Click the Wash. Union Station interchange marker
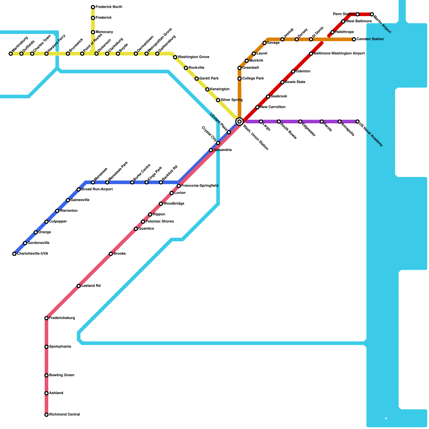click(239, 121)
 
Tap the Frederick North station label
click(109, 7)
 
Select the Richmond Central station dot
click(46, 415)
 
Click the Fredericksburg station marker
click(46, 318)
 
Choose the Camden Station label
click(370, 39)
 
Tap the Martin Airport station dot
click(372, 14)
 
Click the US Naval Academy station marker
click(357, 122)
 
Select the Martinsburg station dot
click(11, 54)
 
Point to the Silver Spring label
click(232, 100)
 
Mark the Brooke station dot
click(111, 254)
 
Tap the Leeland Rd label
click(91, 286)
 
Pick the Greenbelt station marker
click(239, 68)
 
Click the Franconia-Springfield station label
click(200, 186)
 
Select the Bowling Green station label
click(62, 375)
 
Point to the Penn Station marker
click(357, 14)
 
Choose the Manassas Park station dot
click(107, 182)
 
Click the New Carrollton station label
click(273, 107)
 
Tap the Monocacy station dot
click(93, 32)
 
